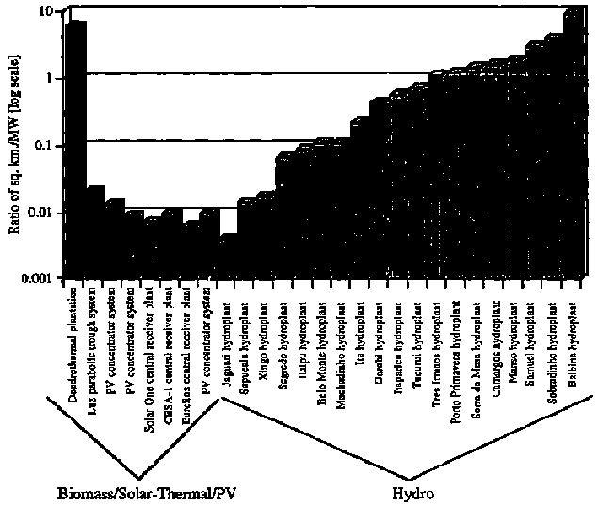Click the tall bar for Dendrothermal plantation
tap(74, 150)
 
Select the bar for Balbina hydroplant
tap(571, 141)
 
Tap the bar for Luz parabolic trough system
tap(94, 235)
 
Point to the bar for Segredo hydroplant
tap(283, 216)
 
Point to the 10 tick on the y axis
tap(47, 11)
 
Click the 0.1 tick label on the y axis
tap(42, 145)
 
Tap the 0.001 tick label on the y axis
tap(37, 279)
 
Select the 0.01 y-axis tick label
tap(40, 213)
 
